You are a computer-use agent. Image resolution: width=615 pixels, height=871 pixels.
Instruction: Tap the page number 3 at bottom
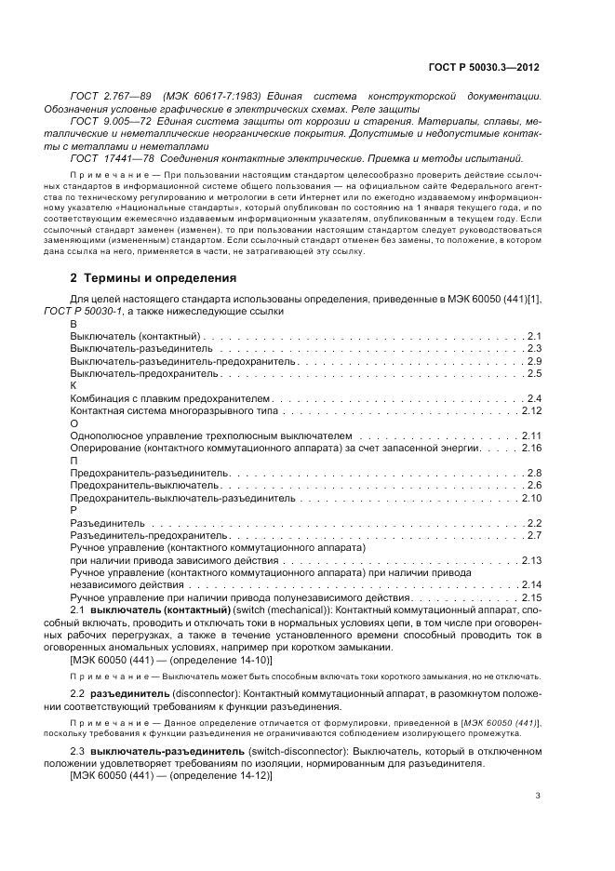click(x=539, y=796)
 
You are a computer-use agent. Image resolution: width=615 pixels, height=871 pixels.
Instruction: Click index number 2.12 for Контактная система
click(x=531, y=409)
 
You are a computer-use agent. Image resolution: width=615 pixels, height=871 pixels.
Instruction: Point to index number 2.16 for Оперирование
click(x=531, y=448)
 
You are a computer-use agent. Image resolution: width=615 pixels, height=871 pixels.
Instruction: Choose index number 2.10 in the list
click(x=531, y=498)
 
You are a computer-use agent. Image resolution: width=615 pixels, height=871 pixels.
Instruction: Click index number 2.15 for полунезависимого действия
click(x=531, y=597)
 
